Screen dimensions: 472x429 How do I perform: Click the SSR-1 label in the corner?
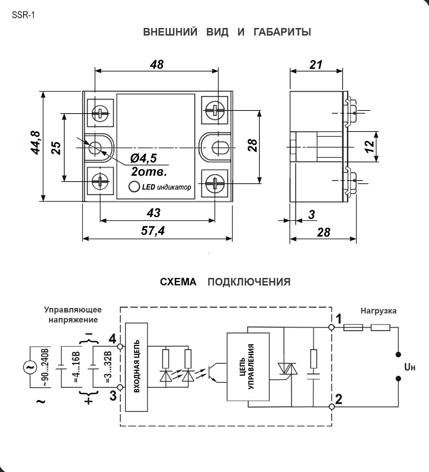[23, 15]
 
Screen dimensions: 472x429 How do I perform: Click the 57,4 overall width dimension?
[153, 231]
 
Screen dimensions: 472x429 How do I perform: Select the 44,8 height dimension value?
[35, 143]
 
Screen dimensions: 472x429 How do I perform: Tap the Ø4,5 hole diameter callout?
[143, 158]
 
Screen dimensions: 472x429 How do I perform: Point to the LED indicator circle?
[134, 186]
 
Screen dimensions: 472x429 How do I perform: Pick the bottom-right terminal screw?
[214, 183]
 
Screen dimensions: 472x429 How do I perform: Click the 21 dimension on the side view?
[316, 65]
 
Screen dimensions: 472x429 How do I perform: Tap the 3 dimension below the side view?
[312, 214]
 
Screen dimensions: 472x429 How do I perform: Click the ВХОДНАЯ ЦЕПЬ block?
[136, 367]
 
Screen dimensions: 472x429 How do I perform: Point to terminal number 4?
[113, 339]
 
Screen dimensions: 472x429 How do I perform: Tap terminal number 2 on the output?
[339, 399]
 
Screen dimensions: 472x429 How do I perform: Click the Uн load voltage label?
[410, 367]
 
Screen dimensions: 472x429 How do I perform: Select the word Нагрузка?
[378, 311]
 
